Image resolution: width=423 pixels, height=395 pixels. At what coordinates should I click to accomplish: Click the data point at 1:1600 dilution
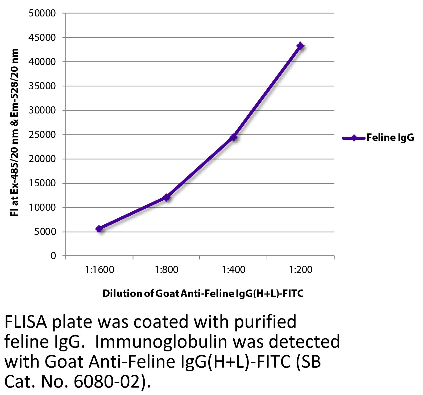(x=99, y=229)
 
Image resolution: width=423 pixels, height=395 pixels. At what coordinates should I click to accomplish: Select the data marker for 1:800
(x=167, y=197)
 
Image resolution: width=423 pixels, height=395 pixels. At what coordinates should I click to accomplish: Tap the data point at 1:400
(x=234, y=137)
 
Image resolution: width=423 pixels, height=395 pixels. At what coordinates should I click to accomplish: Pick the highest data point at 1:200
(x=300, y=46)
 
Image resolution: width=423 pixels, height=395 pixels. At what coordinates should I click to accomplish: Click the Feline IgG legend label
(x=390, y=137)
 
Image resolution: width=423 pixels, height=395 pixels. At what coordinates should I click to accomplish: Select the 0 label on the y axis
(x=53, y=256)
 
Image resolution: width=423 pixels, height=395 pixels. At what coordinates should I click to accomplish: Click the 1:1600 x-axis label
(x=100, y=270)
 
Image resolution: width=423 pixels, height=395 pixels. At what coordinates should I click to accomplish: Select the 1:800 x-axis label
(x=167, y=270)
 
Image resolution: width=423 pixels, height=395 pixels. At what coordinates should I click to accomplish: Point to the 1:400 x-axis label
(x=234, y=270)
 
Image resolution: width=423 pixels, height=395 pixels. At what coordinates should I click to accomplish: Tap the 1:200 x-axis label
(x=301, y=270)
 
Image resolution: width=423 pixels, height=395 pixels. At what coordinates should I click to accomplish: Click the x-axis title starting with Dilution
(x=203, y=294)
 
